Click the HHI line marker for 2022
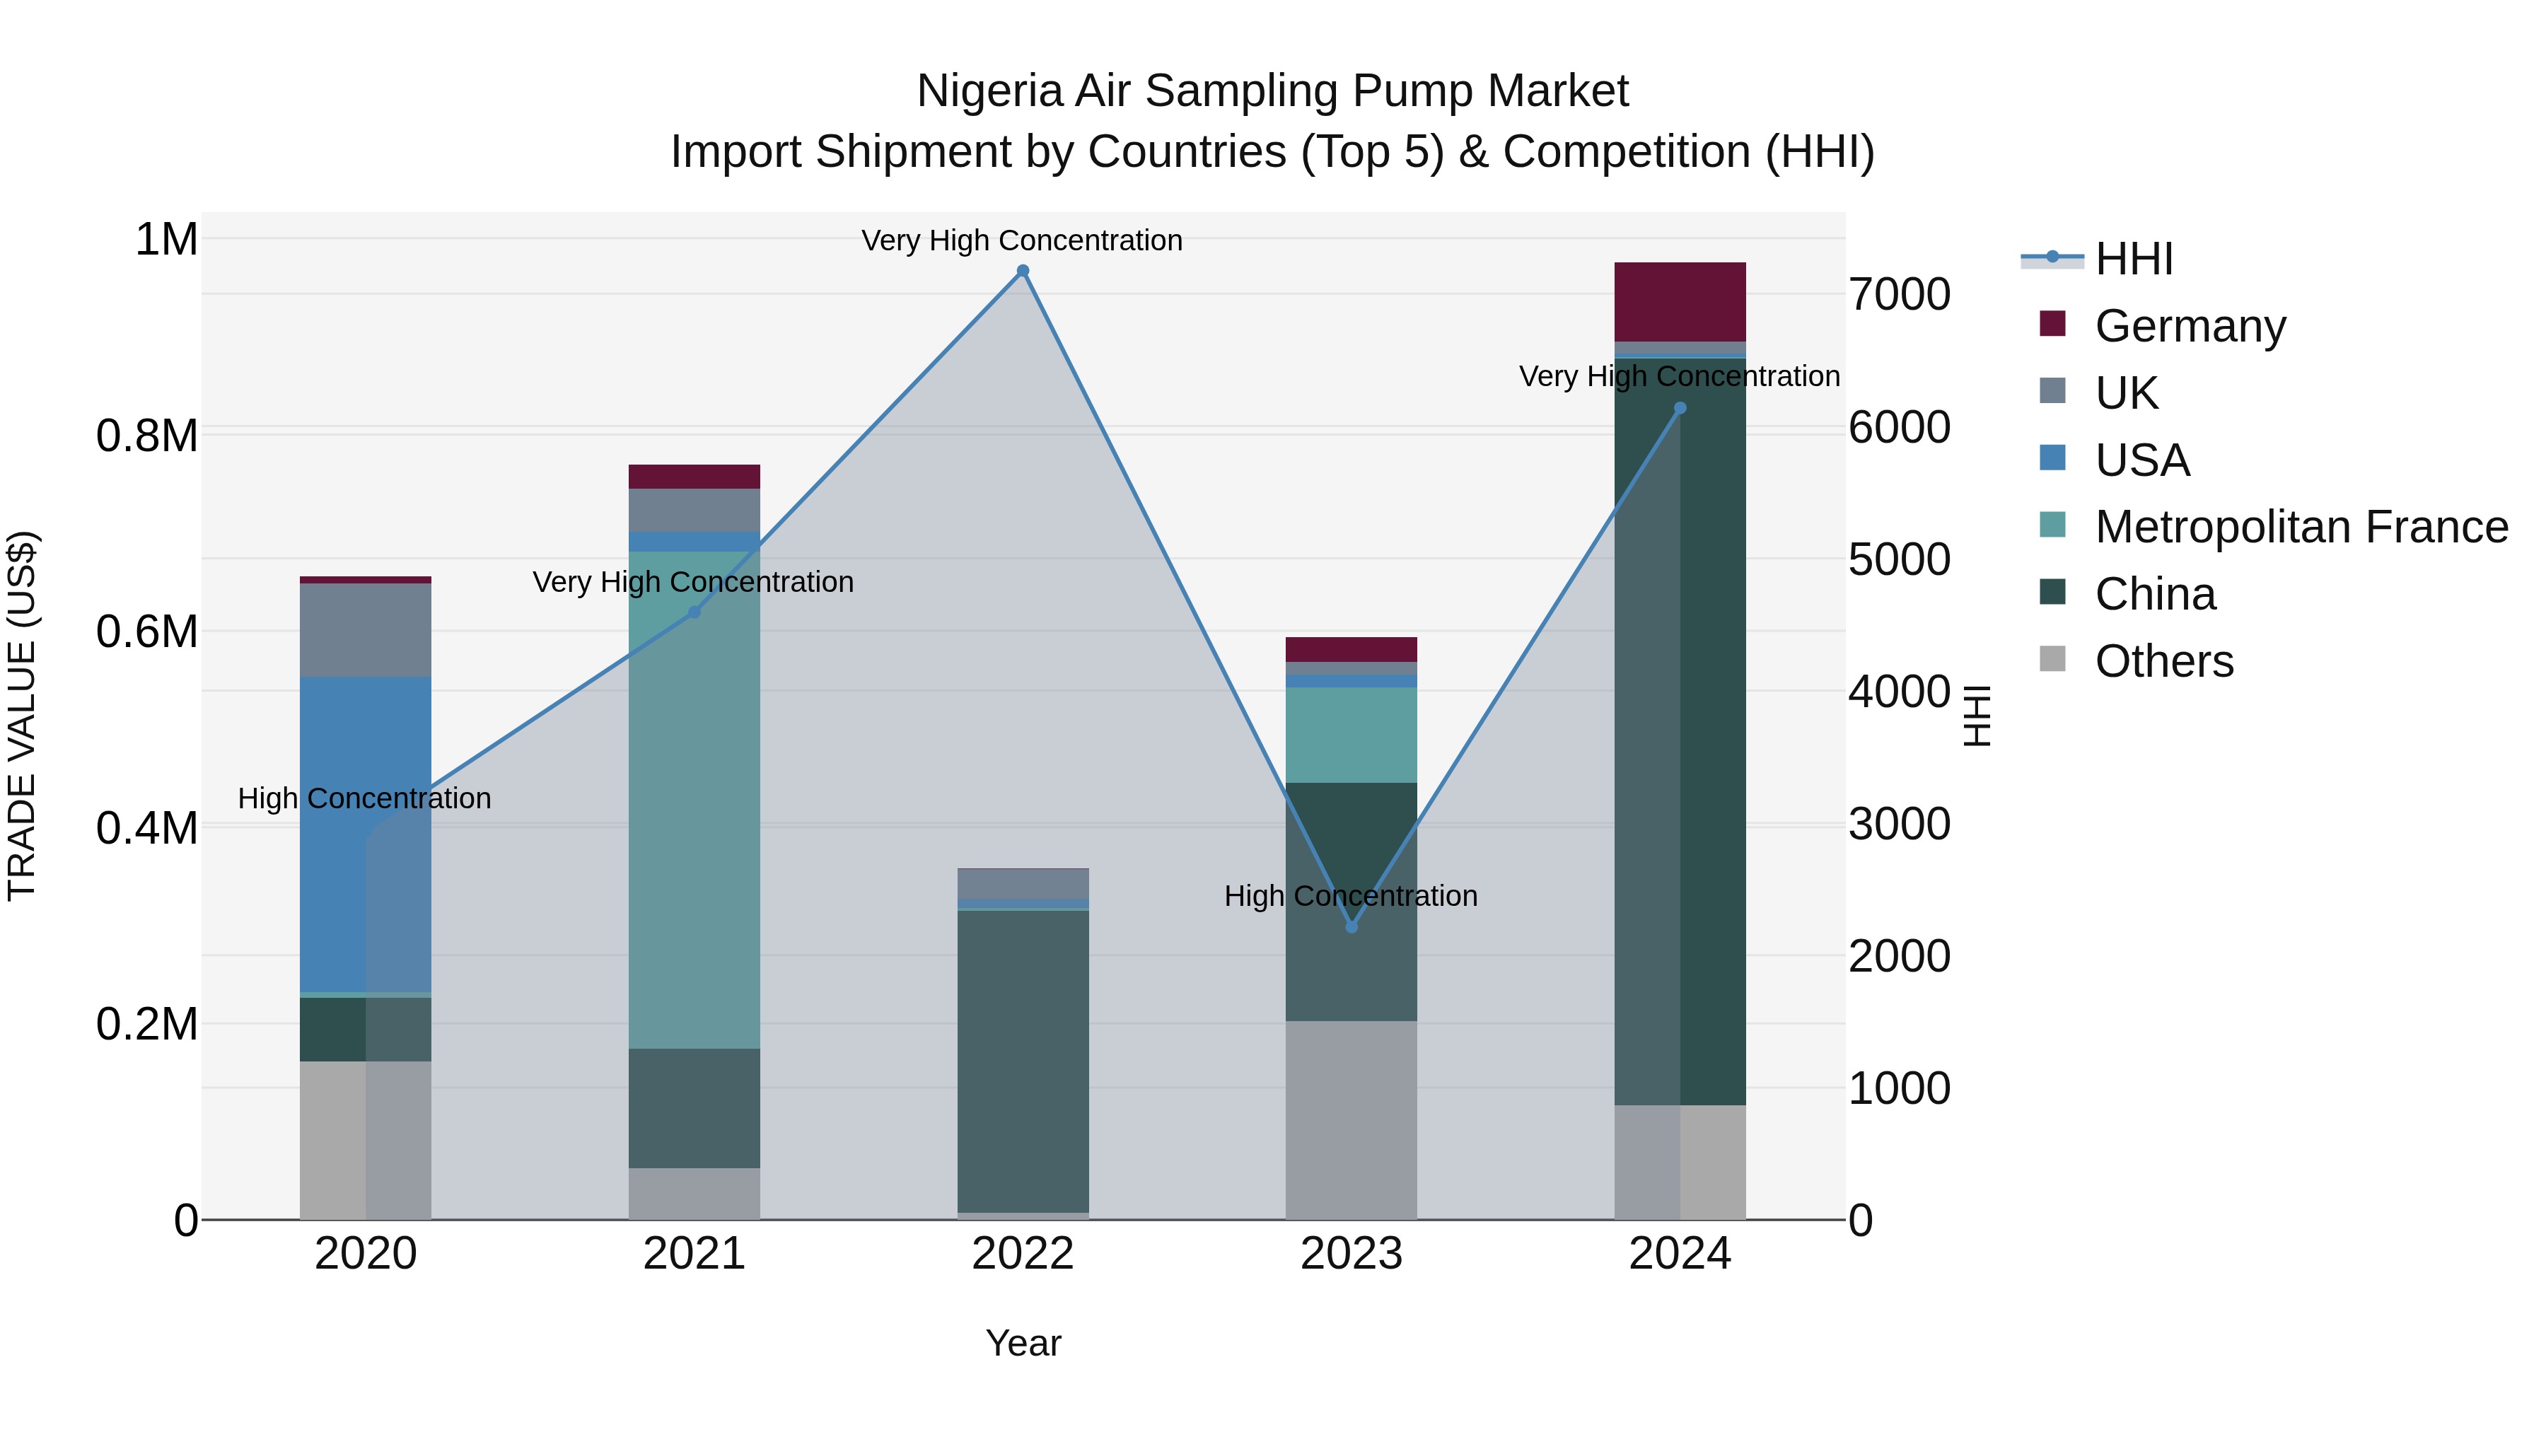[1023, 271]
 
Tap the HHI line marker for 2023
[1352, 927]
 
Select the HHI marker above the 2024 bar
[1680, 408]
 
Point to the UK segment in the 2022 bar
[1023, 883]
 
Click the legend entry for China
[2155, 594]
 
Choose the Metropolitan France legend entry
[2301, 527]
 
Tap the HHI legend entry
[2133, 259]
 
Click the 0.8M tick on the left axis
[146, 436]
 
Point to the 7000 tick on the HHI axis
[1899, 294]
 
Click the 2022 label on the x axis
[1023, 1254]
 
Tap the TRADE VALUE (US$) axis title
[22, 716]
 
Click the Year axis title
[1023, 1343]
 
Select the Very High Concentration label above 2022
[1022, 240]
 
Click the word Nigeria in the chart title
[989, 91]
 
